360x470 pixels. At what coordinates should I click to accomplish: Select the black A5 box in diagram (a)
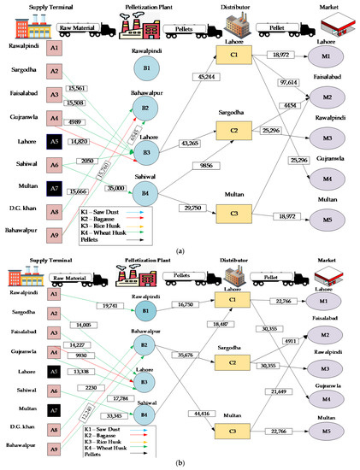pyautogui.click(x=54, y=141)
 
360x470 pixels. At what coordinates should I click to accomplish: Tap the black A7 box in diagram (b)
pyautogui.click(x=54, y=409)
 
